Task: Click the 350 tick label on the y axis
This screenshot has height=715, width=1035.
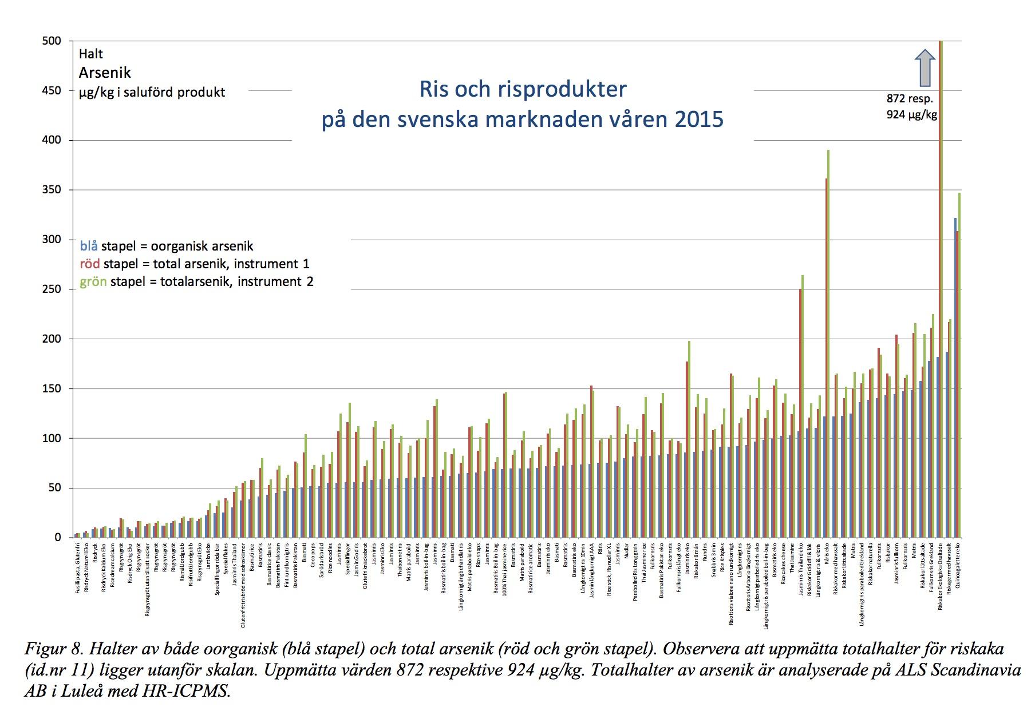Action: click(52, 190)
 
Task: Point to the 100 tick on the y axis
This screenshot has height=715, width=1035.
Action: click(52, 439)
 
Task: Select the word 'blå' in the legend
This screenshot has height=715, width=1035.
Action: click(89, 247)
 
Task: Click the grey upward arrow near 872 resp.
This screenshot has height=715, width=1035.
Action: click(925, 67)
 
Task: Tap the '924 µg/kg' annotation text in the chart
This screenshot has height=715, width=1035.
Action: click(911, 114)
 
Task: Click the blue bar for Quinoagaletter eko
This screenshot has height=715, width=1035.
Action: click(955, 378)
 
